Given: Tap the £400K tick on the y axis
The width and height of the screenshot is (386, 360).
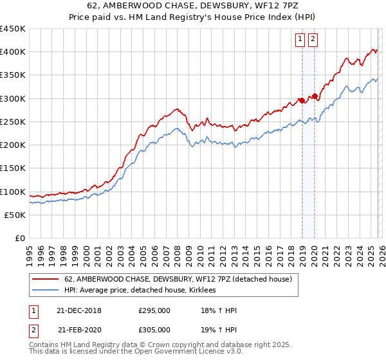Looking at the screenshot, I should pos(13,52).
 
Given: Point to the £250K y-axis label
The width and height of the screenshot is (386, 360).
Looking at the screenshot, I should pos(13,122).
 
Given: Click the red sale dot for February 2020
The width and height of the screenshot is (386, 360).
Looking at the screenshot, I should pos(315,96).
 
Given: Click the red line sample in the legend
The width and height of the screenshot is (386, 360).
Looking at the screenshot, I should pos(46,279).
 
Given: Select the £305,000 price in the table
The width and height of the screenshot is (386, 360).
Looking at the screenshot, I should pos(154,330).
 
